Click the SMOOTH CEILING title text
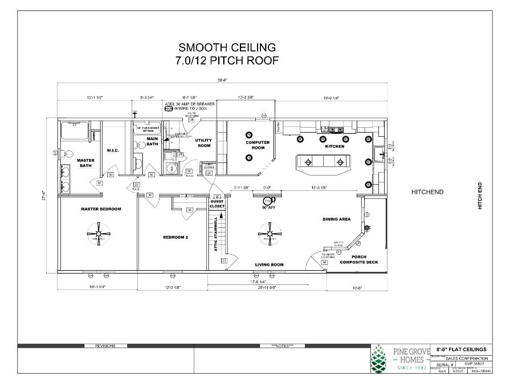(227, 47)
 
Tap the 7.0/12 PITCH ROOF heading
(227, 60)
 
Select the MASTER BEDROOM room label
(101, 209)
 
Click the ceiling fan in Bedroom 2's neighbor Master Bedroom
(100, 234)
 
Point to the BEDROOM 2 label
(175, 237)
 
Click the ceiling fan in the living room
(268, 234)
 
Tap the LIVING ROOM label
(269, 265)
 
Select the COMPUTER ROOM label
(257, 145)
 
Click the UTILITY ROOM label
(203, 142)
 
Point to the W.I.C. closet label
(112, 151)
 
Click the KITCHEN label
(335, 146)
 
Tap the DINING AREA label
(336, 219)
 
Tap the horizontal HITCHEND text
(427, 193)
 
